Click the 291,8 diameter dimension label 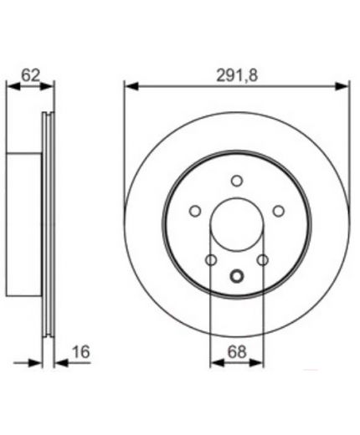(237, 75)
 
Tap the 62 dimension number (30, 75)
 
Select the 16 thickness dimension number (81, 351)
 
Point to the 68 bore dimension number (237, 351)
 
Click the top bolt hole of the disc (237, 181)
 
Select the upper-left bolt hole (195, 211)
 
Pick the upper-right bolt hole (279, 211)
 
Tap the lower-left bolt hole (211, 260)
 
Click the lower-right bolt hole (263, 260)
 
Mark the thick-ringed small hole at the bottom (237, 276)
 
